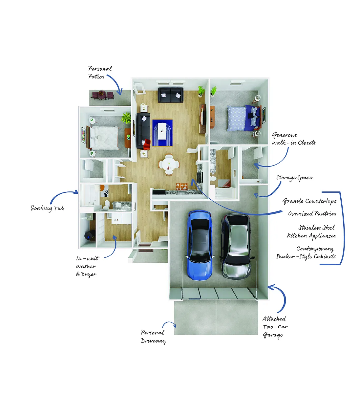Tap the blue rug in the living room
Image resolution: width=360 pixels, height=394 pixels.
click(x=162, y=133)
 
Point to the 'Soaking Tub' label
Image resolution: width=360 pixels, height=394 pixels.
click(x=48, y=208)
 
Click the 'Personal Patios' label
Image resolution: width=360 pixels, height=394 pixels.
click(x=100, y=73)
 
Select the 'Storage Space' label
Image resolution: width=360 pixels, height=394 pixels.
click(x=294, y=178)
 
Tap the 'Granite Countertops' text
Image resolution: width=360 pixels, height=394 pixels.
click(x=309, y=201)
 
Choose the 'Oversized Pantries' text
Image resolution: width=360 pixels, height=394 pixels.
click(x=312, y=213)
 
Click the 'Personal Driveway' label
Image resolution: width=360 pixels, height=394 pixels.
click(x=153, y=337)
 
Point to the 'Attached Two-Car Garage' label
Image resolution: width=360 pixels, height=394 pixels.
click(x=275, y=327)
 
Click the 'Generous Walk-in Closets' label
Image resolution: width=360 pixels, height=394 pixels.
click(x=294, y=139)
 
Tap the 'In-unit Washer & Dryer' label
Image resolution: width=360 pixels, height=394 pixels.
click(x=88, y=267)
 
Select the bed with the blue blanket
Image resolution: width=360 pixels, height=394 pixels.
click(x=244, y=118)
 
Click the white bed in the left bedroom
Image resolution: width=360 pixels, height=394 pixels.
click(x=103, y=138)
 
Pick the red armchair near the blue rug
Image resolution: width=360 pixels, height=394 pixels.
click(x=146, y=144)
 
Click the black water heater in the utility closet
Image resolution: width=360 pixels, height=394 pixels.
click(x=88, y=236)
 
